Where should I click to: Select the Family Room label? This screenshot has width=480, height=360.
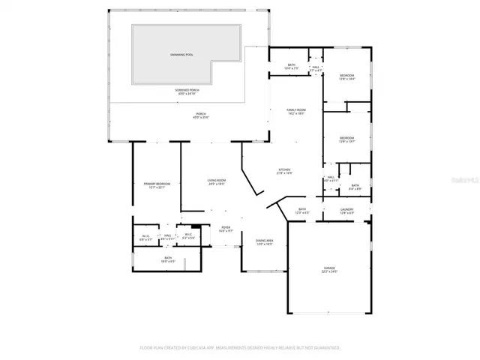(x=295, y=112)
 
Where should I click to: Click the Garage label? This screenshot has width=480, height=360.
(x=329, y=269)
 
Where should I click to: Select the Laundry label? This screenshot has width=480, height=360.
(x=346, y=211)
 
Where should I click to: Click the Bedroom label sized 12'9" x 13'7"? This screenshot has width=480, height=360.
(x=346, y=139)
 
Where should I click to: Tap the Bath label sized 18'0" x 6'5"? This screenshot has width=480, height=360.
(x=168, y=259)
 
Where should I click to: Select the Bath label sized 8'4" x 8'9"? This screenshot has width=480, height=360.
(x=355, y=187)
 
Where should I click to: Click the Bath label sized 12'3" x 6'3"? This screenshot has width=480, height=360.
(x=302, y=211)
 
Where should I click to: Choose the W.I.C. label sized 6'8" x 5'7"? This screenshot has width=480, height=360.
(x=146, y=238)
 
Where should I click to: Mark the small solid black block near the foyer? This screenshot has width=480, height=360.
(x=196, y=228)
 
